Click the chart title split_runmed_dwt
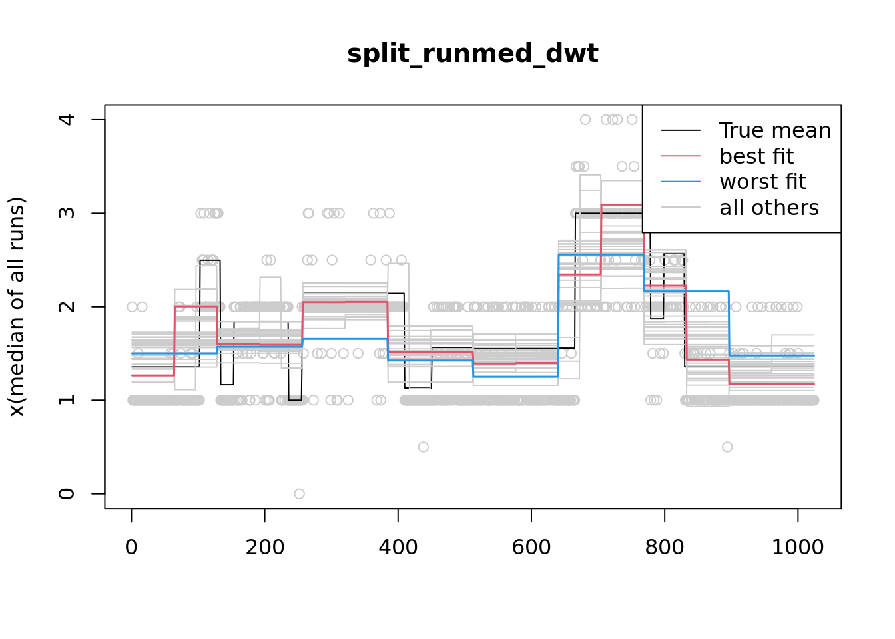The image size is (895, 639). (x=472, y=53)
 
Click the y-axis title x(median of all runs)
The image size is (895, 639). (x=17, y=307)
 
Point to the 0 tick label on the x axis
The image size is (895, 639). (x=131, y=547)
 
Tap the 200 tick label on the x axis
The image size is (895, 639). (x=264, y=547)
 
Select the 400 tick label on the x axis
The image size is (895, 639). (x=398, y=547)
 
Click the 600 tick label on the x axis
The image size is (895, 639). (x=531, y=547)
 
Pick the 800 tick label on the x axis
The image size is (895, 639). (x=664, y=547)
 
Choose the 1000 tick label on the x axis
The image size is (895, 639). (x=797, y=547)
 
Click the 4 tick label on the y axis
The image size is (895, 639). (x=67, y=120)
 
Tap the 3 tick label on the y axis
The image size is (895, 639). (x=67, y=213)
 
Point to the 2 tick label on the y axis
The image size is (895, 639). (x=67, y=307)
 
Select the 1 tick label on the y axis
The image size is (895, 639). (x=67, y=400)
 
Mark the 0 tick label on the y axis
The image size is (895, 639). (x=67, y=493)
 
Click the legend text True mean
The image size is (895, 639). (x=775, y=130)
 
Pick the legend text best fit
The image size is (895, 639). (x=756, y=156)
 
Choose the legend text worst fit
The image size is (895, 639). (x=762, y=182)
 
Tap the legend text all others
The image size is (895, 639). (x=769, y=208)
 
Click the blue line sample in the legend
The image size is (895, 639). (x=681, y=182)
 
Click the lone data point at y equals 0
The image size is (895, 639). (x=299, y=493)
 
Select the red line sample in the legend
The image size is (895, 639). (x=681, y=156)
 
